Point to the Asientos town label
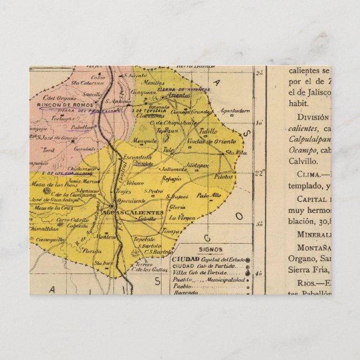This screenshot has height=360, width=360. (179, 96)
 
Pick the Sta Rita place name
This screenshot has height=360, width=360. (236, 152)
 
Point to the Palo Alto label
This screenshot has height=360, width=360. (209, 195)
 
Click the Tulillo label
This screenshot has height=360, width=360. (208, 131)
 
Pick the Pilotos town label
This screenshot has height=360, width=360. (224, 175)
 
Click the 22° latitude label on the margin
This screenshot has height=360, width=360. (259, 172)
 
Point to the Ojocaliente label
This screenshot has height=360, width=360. (133, 200)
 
